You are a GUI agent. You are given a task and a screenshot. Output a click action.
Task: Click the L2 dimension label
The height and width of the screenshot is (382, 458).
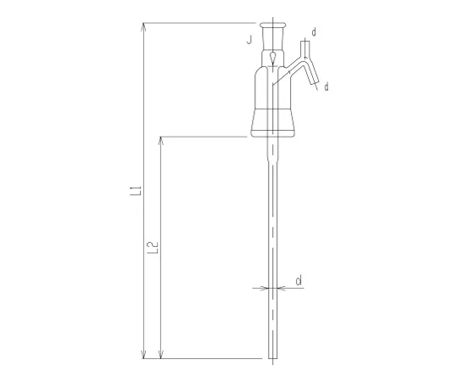(153, 248)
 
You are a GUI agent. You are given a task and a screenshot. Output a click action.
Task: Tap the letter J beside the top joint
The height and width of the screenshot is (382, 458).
(249, 40)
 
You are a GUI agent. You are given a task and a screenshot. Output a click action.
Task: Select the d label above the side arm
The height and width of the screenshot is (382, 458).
(314, 32)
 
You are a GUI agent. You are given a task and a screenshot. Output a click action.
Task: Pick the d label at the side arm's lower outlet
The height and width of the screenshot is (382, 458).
(327, 87)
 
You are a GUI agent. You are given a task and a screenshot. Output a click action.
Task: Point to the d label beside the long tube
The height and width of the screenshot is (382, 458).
(299, 280)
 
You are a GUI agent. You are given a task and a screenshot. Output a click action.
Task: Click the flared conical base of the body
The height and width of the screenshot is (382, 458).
(274, 124)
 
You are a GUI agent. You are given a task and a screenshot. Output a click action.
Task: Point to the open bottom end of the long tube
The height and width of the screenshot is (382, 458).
(273, 357)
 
